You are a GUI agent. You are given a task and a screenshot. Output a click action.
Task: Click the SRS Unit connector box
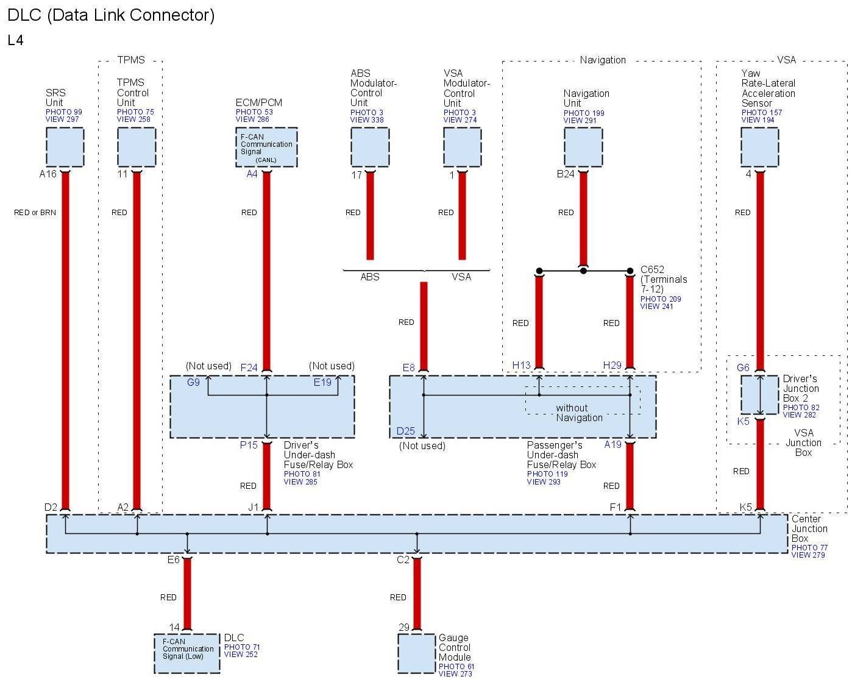point(65,147)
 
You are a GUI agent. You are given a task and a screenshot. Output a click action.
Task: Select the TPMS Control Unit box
point(136,147)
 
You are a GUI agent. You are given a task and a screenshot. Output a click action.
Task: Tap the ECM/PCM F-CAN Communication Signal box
point(266,147)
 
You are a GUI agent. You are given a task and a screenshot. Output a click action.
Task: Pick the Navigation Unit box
point(583,147)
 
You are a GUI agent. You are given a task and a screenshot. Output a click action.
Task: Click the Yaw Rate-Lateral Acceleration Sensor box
point(759,147)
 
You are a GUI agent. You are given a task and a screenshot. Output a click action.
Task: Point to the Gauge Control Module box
point(417,653)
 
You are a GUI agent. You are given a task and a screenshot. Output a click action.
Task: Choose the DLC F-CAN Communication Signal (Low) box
point(187,653)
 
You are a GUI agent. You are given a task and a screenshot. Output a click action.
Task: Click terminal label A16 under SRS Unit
point(48,174)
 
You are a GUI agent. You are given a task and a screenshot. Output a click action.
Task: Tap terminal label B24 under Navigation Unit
point(566,174)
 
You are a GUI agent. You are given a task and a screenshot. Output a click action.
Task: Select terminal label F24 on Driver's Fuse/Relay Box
point(249,368)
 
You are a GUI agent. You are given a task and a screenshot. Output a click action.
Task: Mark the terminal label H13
point(521,366)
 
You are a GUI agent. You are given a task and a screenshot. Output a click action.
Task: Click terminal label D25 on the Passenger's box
point(405,432)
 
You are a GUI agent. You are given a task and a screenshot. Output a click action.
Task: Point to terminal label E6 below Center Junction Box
point(174,560)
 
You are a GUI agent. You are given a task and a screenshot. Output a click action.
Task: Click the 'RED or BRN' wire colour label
point(35,213)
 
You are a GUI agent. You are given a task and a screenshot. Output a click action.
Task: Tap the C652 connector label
point(652,269)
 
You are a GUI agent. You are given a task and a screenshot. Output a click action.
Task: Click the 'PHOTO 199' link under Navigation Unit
point(584,113)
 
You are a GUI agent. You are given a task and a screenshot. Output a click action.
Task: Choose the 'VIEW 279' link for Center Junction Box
point(808,555)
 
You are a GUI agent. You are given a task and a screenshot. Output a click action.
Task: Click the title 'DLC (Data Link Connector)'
point(111,15)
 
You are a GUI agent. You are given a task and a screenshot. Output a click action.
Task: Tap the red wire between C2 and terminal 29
point(417,594)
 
